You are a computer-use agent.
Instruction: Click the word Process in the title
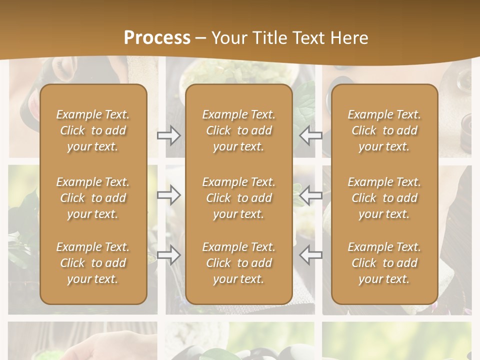pos(157,38)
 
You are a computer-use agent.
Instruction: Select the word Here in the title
pos(348,38)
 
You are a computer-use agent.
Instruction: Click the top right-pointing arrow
pos(169,135)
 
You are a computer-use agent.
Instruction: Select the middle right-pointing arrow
pos(169,195)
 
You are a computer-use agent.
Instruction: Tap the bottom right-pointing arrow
pos(169,255)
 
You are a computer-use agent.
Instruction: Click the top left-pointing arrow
pos(311,135)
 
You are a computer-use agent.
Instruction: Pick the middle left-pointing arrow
pos(311,195)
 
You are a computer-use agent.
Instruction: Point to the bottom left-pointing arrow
pos(311,255)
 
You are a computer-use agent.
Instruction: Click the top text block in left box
pos(93,130)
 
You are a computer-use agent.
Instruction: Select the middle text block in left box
pos(93,198)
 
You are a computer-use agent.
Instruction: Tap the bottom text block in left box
pos(93,263)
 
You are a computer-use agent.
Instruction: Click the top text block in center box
pos(239,130)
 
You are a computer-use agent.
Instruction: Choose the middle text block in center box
pos(239,198)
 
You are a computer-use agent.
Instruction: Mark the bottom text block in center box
pos(239,263)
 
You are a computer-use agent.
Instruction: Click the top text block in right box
pos(384,130)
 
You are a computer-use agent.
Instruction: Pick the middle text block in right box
pos(384,198)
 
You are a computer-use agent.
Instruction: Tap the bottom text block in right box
pos(384,263)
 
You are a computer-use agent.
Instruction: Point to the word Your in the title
pos(227,38)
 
